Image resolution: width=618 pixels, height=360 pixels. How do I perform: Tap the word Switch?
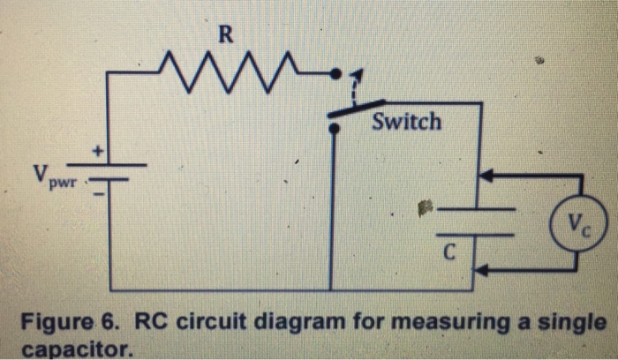[406, 122]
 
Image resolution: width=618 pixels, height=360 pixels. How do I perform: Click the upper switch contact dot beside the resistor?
[334, 74]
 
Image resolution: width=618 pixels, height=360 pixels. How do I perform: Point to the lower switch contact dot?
[333, 129]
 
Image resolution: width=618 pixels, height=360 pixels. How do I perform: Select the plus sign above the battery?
[102, 153]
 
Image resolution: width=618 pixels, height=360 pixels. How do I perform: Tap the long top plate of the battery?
[108, 166]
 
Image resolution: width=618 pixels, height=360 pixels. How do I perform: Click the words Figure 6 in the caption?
[65, 320]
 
